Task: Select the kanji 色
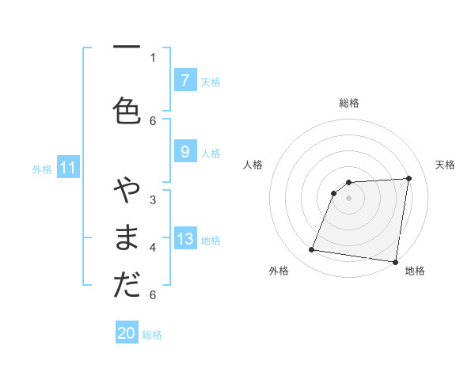[126, 110]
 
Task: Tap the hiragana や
[126, 192]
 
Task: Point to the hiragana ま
[126, 238]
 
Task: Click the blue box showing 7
[184, 81]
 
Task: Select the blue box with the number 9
[184, 152]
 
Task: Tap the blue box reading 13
[184, 239]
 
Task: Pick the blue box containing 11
[69, 168]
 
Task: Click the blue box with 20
[127, 333]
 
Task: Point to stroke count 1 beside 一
[153, 57]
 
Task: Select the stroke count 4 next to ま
[153, 247]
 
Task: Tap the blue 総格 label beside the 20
[152, 335]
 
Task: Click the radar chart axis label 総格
[349, 103]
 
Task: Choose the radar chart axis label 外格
[279, 271]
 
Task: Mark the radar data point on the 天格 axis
[409, 178]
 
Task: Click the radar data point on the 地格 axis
[396, 262]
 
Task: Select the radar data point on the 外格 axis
[312, 250]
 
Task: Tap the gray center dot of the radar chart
[348, 198]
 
